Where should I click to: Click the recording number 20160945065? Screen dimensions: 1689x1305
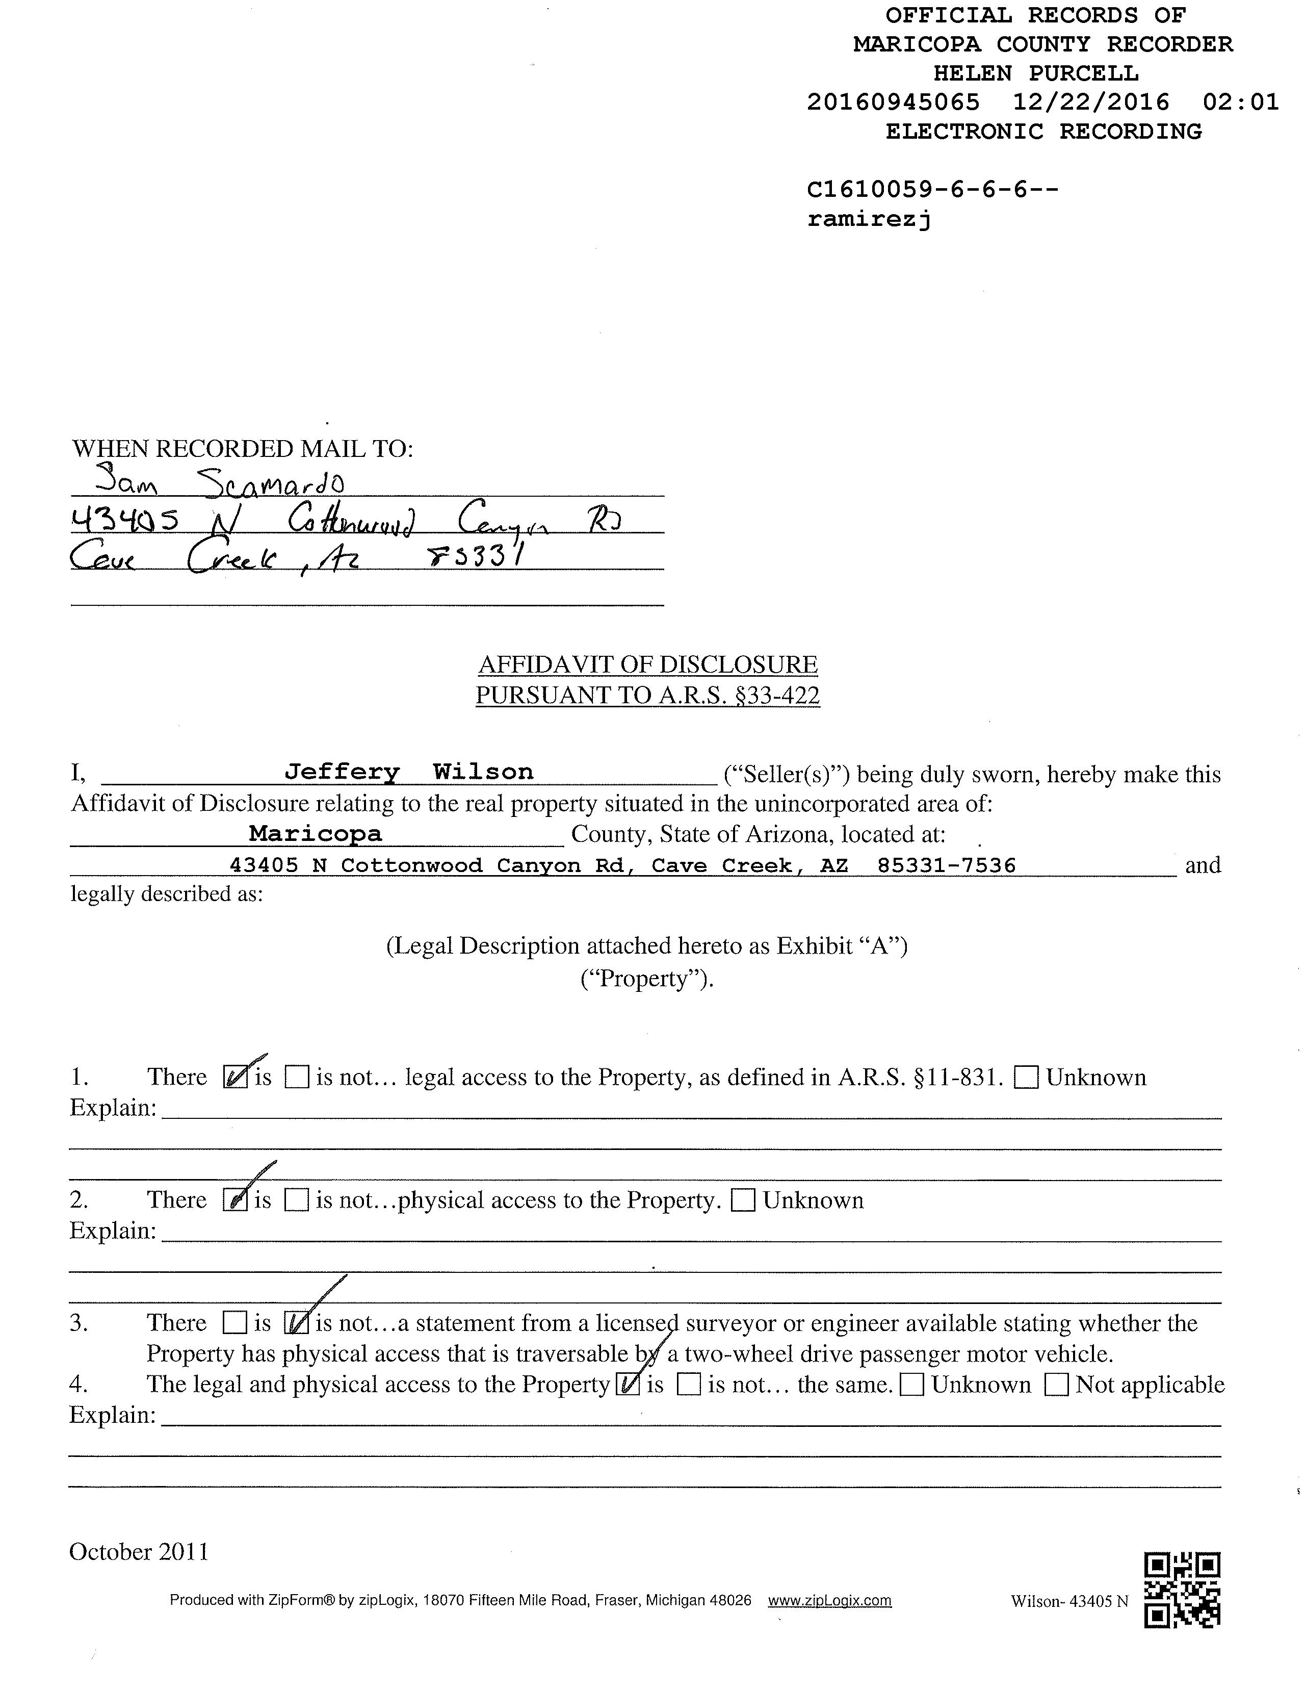(x=893, y=102)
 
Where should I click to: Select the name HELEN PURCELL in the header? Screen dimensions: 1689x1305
(x=1036, y=73)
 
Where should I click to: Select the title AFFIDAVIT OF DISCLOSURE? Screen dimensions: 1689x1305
(x=648, y=664)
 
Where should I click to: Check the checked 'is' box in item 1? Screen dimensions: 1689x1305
(x=235, y=1077)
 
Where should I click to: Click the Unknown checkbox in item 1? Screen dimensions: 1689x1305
(x=1026, y=1077)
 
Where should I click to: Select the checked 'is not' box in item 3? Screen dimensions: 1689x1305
(x=297, y=1323)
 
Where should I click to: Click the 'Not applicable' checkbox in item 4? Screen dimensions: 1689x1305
(x=1057, y=1385)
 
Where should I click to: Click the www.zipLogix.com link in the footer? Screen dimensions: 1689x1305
(x=829, y=1601)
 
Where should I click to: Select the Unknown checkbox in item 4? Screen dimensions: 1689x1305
(x=913, y=1385)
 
